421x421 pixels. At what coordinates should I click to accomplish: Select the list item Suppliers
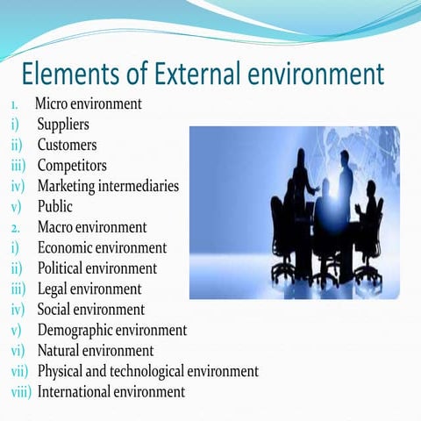coord(63,125)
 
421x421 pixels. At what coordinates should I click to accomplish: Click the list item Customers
coord(67,145)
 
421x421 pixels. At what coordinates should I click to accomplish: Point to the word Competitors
coord(72,165)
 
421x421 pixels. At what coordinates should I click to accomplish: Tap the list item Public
coord(54,207)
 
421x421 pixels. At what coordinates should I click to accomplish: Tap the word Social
coord(55,309)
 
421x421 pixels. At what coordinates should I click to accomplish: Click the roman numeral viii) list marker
coord(20,391)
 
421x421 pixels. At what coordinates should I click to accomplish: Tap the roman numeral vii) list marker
coord(21,371)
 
